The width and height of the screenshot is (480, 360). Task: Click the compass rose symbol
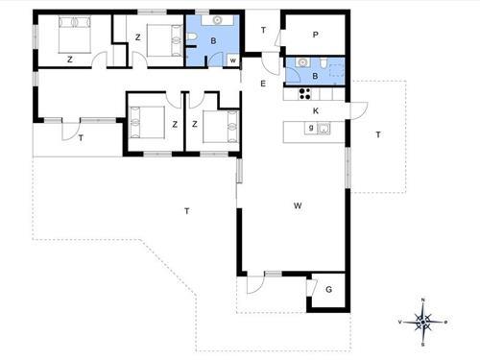click(423, 322)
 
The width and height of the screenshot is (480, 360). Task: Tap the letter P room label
click(315, 35)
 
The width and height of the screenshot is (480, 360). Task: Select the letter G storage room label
click(328, 290)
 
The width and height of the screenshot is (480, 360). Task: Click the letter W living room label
click(298, 205)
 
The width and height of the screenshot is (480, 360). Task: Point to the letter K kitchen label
click(316, 110)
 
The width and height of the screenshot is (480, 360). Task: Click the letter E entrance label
click(263, 84)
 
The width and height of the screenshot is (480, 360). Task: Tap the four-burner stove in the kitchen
click(304, 93)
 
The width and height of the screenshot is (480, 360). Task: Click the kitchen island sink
click(324, 129)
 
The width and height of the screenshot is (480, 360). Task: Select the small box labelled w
click(232, 60)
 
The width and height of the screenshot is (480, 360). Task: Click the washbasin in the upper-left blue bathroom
click(217, 20)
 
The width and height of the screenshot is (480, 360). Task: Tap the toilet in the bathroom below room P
click(323, 63)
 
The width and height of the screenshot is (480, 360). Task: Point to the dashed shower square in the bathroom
click(337, 70)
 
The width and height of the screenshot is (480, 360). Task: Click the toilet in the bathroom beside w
click(191, 38)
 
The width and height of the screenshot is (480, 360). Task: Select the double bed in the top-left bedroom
click(75, 35)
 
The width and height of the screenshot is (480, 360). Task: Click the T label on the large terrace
click(187, 211)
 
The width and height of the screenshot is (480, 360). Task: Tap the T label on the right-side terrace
click(378, 134)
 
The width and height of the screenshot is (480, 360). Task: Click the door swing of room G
click(311, 287)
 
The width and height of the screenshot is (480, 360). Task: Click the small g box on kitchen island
click(311, 128)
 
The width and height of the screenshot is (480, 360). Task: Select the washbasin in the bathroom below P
click(302, 62)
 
